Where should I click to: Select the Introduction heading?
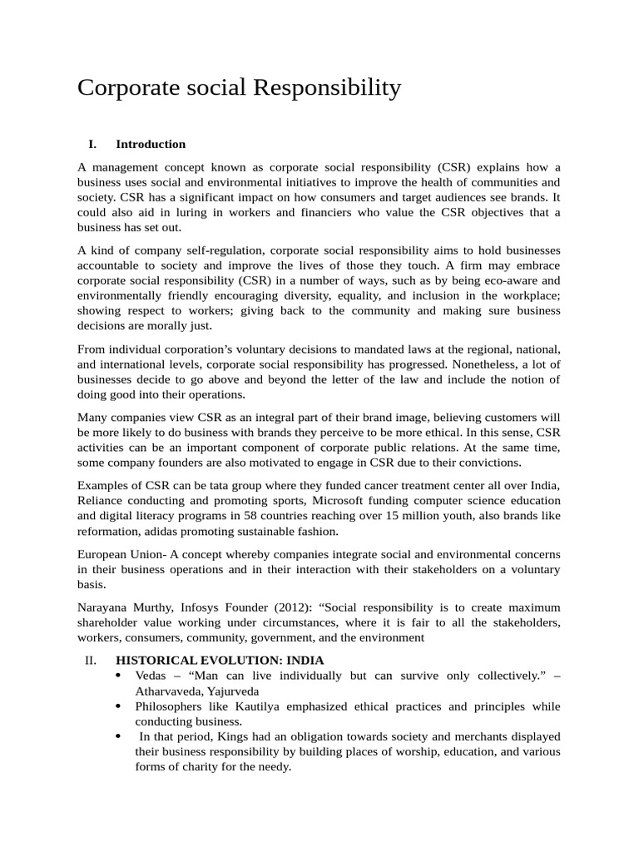pos(151,144)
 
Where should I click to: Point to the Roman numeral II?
pos(92,660)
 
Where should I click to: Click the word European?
pos(103,554)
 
